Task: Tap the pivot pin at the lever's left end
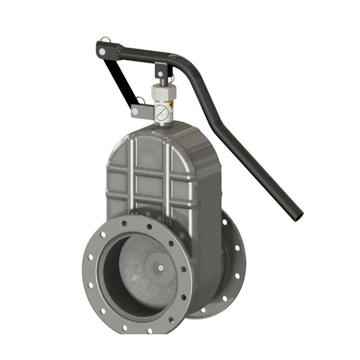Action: point(104,51)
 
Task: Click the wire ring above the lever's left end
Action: point(105,40)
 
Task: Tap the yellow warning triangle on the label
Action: point(172,104)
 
